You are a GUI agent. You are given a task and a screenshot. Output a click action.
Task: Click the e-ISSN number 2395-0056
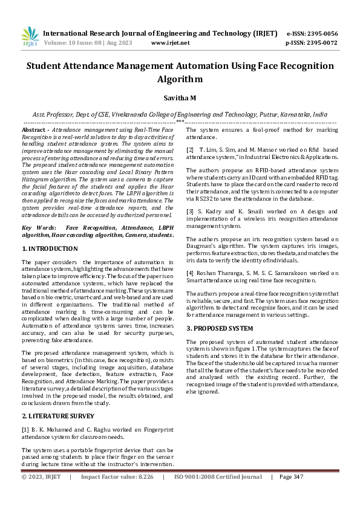click(326, 33)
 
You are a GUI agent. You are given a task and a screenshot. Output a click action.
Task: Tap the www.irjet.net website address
click(170, 44)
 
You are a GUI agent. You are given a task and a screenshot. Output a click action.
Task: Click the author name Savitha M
click(180, 97)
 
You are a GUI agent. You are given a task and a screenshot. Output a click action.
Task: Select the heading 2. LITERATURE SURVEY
click(57, 417)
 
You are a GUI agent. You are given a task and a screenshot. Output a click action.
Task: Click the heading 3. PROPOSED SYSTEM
click(220, 328)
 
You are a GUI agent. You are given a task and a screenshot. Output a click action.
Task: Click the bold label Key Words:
click(39, 227)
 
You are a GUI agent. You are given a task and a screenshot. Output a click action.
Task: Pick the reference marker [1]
click(25, 430)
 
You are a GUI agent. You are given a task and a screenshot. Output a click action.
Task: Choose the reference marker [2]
click(189, 149)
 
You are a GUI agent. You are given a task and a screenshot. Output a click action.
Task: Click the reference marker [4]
click(189, 274)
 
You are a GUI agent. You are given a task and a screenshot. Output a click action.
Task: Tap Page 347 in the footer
click(291, 494)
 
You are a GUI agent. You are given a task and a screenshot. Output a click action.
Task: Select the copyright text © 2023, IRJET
click(41, 494)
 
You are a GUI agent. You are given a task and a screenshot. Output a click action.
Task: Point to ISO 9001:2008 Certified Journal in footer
click(218, 494)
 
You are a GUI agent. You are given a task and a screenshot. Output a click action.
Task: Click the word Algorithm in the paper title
click(180, 79)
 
